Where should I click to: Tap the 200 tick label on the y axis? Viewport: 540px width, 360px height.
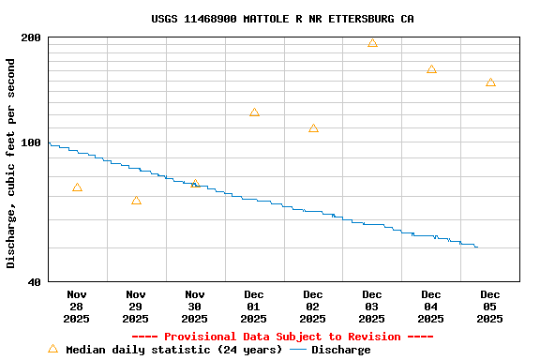31,37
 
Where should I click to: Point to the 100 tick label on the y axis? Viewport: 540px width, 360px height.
31,143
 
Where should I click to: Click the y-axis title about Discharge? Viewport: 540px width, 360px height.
11,163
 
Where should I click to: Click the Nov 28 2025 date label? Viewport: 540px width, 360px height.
77,307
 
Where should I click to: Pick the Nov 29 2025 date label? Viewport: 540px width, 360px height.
136,307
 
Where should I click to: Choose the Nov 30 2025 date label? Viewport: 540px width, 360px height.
194,307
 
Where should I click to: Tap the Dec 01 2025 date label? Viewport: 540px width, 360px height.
253,307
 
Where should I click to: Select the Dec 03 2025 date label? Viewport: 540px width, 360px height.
371,307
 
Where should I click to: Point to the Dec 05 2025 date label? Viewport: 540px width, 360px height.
489,307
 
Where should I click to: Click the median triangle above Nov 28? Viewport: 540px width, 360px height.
77,187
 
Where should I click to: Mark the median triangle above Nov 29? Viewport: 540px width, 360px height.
136,201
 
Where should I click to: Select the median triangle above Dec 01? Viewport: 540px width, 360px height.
254,112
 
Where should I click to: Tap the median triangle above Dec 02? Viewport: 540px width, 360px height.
313,128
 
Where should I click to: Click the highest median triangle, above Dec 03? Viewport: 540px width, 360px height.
372,43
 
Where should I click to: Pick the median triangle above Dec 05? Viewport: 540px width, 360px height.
490,82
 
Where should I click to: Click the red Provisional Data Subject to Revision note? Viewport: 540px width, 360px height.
282,337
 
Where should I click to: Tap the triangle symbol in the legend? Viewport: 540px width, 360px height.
52,349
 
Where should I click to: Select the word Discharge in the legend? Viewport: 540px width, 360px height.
340,350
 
